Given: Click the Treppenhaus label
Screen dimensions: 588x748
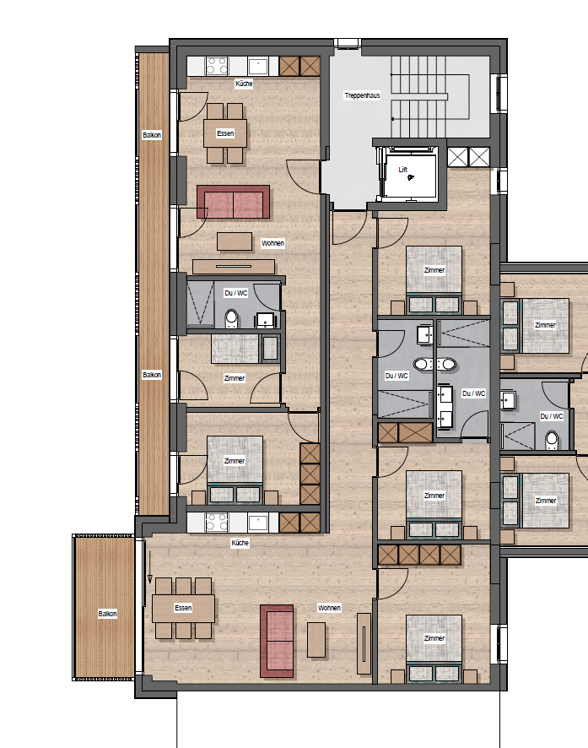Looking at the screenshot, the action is click(x=362, y=95).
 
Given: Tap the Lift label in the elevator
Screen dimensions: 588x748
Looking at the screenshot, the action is click(x=403, y=170).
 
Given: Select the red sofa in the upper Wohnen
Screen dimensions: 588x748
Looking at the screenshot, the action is click(x=234, y=202).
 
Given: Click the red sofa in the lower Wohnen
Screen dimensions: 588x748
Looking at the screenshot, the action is click(x=277, y=641).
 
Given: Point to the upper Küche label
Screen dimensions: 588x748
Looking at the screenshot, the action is click(x=244, y=84).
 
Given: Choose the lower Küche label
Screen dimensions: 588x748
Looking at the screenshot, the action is click(x=240, y=543).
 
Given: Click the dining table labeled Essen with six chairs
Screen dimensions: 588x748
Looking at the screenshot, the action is click(x=183, y=608).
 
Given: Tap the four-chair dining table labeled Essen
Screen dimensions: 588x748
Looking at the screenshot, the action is click(x=225, y=133).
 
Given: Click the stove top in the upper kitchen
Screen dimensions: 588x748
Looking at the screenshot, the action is click(x=217, y=67).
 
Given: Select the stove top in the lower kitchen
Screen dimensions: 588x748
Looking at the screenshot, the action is click(x=217, y=523).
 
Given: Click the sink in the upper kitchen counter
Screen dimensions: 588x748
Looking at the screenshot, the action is click(x=258, y=67).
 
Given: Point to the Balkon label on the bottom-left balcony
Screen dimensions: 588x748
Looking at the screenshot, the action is click(x=108, y=614).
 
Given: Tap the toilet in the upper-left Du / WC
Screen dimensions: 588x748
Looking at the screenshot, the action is click(x=232, y=318).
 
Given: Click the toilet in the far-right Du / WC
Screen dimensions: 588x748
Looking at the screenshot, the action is click(x=552, y=441).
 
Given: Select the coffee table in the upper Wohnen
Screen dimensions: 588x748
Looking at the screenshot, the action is click(x=235, y=241).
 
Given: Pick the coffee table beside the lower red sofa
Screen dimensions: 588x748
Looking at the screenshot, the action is click(x=316, y=640).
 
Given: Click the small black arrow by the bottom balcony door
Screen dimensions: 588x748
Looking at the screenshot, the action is click(x=149, y=567).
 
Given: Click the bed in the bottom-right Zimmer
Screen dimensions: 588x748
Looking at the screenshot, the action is click(x=434, y=648).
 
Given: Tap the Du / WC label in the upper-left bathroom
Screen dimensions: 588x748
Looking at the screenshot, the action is click(x=236, y=293).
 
